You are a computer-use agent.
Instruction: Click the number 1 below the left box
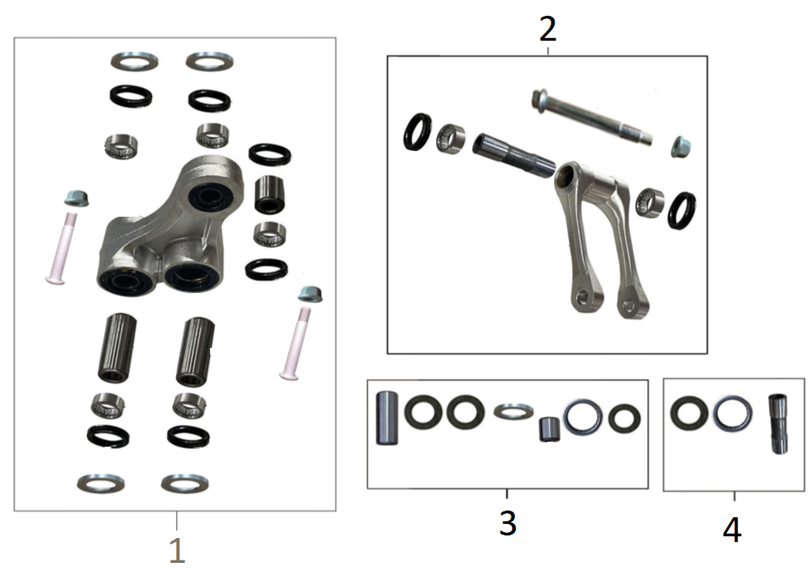point(177,550)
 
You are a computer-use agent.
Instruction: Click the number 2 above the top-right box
point(548,29)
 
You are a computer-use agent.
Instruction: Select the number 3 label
point(507,523)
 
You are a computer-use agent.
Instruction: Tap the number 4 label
point(732,530)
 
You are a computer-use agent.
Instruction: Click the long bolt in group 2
point(592,117)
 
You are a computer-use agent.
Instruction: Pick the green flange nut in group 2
point(681,146)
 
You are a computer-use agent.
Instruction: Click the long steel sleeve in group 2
point(514,154)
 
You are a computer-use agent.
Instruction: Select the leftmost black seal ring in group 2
point(417,131)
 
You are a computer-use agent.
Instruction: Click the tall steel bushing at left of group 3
point(387,418)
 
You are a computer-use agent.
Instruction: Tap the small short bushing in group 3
point(550,429)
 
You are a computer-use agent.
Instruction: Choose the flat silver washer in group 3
point(513,412)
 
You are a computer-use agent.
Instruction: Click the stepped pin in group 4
point(778,424)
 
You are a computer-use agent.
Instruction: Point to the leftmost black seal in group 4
point(689,413)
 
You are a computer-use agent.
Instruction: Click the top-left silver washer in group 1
point(135,61)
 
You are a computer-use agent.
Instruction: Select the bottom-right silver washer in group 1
point(185,483)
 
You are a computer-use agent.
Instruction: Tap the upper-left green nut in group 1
point(76,198)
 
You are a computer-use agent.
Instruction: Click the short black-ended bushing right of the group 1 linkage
point(270,194)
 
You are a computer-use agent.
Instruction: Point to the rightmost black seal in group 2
point(682,211)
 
